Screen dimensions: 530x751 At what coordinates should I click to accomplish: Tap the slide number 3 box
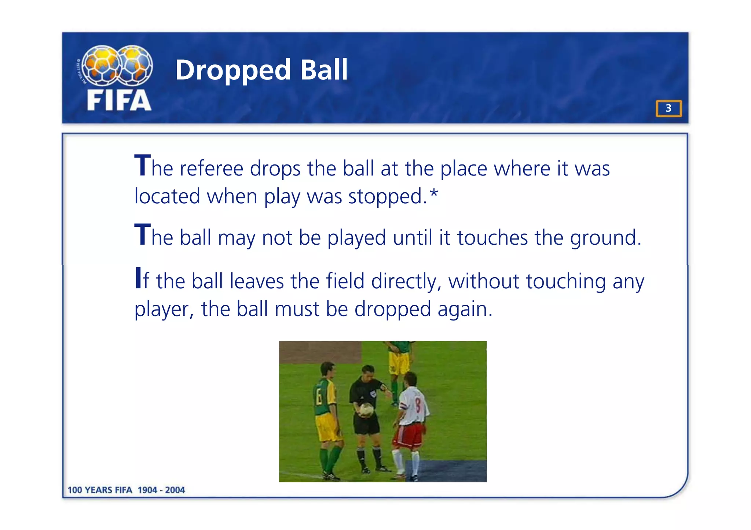[668, 108]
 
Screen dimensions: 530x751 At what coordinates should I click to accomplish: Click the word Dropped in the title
[233, 70]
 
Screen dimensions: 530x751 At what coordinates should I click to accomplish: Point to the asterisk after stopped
[434, 193]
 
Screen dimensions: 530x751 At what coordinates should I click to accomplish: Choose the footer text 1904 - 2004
[161, 490]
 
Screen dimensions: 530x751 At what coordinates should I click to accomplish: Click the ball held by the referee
[366, 409]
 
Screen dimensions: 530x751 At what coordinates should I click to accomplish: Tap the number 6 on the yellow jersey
[319, 397]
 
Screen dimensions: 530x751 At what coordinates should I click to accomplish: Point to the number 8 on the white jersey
[418, 405]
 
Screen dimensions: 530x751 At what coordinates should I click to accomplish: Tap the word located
[167, 196]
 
